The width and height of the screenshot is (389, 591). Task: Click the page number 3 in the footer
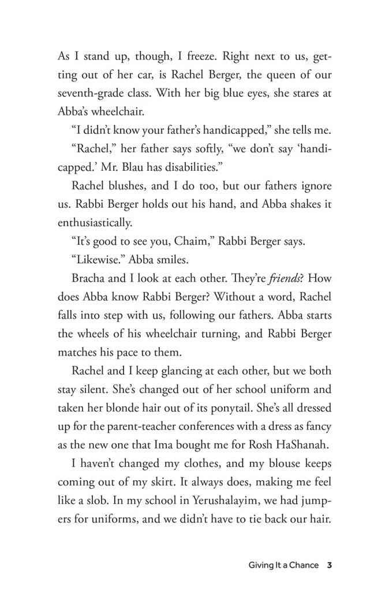(329, 564)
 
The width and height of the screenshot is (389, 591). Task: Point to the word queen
(270, 75)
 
